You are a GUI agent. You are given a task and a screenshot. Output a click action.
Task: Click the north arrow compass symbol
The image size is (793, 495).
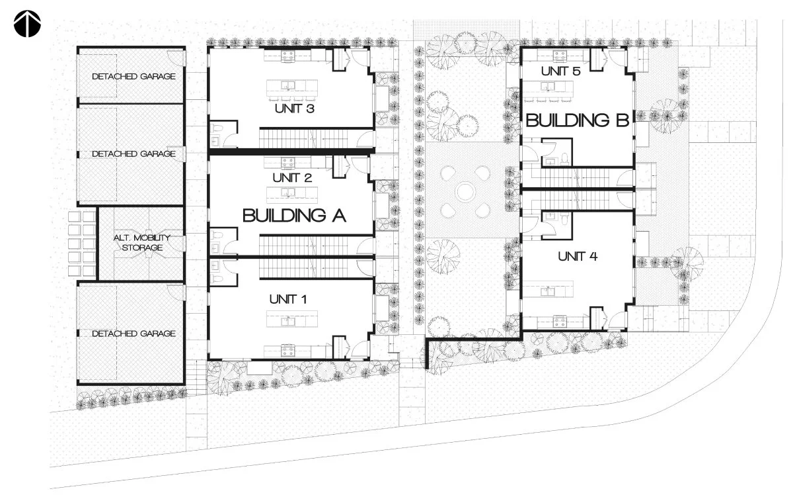click(27, 24)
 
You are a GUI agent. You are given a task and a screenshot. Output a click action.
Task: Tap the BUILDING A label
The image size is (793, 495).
click(294, 216)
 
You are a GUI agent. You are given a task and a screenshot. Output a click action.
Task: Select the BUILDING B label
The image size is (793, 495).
click(577, 120)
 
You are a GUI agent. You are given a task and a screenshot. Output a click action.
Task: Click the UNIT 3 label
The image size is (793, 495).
click(295, 109)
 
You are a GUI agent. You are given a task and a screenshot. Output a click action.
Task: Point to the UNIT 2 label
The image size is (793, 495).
click(292, 177)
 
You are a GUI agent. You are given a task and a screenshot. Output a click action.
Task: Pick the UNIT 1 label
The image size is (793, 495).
click(288, 299)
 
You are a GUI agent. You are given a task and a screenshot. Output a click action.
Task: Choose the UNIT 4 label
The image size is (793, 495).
click(578, 256)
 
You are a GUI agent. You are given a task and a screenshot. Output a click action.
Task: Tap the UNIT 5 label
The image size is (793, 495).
click(561, 71)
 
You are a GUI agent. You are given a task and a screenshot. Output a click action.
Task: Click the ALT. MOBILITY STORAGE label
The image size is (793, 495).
click(142, 242)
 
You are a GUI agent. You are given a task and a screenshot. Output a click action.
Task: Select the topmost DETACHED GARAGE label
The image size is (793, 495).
click(133, 76)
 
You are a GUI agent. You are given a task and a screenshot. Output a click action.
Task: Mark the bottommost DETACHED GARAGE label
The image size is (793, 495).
click(133, 334)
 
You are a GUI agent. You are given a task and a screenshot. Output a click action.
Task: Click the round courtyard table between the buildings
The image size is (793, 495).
click(465, 192)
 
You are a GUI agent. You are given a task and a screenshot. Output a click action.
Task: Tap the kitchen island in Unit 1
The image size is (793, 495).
click(292, 319)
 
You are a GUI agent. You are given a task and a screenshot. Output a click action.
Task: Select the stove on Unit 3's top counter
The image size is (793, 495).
click(287, 55)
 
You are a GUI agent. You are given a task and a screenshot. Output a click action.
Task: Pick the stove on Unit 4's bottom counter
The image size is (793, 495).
click(560, 322)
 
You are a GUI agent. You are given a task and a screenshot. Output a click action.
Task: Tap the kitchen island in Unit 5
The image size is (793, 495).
click(548, 87)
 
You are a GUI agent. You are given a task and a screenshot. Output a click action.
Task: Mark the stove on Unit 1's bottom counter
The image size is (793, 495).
click(287, 350)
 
